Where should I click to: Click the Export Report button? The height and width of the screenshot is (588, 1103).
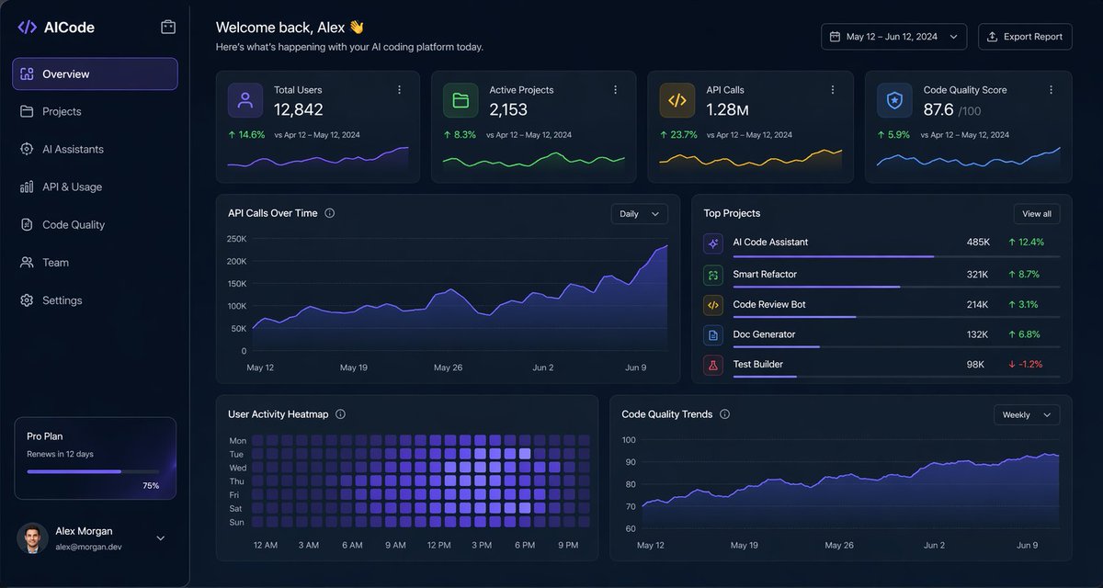[x=1025, y=37]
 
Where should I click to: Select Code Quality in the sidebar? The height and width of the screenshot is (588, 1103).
[x=74, y=225]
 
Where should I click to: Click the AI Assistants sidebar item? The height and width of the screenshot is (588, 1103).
[x=73, y=150]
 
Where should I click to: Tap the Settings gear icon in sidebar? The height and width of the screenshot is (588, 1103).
[x=27, y=300]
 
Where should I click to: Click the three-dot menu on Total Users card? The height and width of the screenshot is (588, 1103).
[x=399, y=90]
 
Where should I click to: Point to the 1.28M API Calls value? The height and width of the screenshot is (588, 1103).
[x=727, y=110]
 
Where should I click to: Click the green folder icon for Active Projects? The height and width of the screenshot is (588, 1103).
[x=461, y=100]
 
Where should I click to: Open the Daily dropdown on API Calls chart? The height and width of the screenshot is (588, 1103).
[x=639, y=214]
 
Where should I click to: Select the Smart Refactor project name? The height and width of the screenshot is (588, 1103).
[x=765, y=275]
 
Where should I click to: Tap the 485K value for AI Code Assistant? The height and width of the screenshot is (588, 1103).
[x=978, y=243]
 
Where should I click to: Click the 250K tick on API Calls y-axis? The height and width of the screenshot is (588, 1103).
[x=236, y=239]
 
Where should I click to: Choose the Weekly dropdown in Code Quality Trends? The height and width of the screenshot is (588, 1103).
[x=1026, y=415]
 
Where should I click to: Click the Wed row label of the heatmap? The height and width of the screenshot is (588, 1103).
[x=237, y=468]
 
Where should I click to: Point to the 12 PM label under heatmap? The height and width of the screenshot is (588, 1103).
[x=438, y=546]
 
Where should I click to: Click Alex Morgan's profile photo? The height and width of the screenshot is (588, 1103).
[x=32, y=538]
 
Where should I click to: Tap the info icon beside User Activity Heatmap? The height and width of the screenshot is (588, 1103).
[x=340, y=414]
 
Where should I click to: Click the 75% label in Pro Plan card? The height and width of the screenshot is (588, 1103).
[x=151, y=485]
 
